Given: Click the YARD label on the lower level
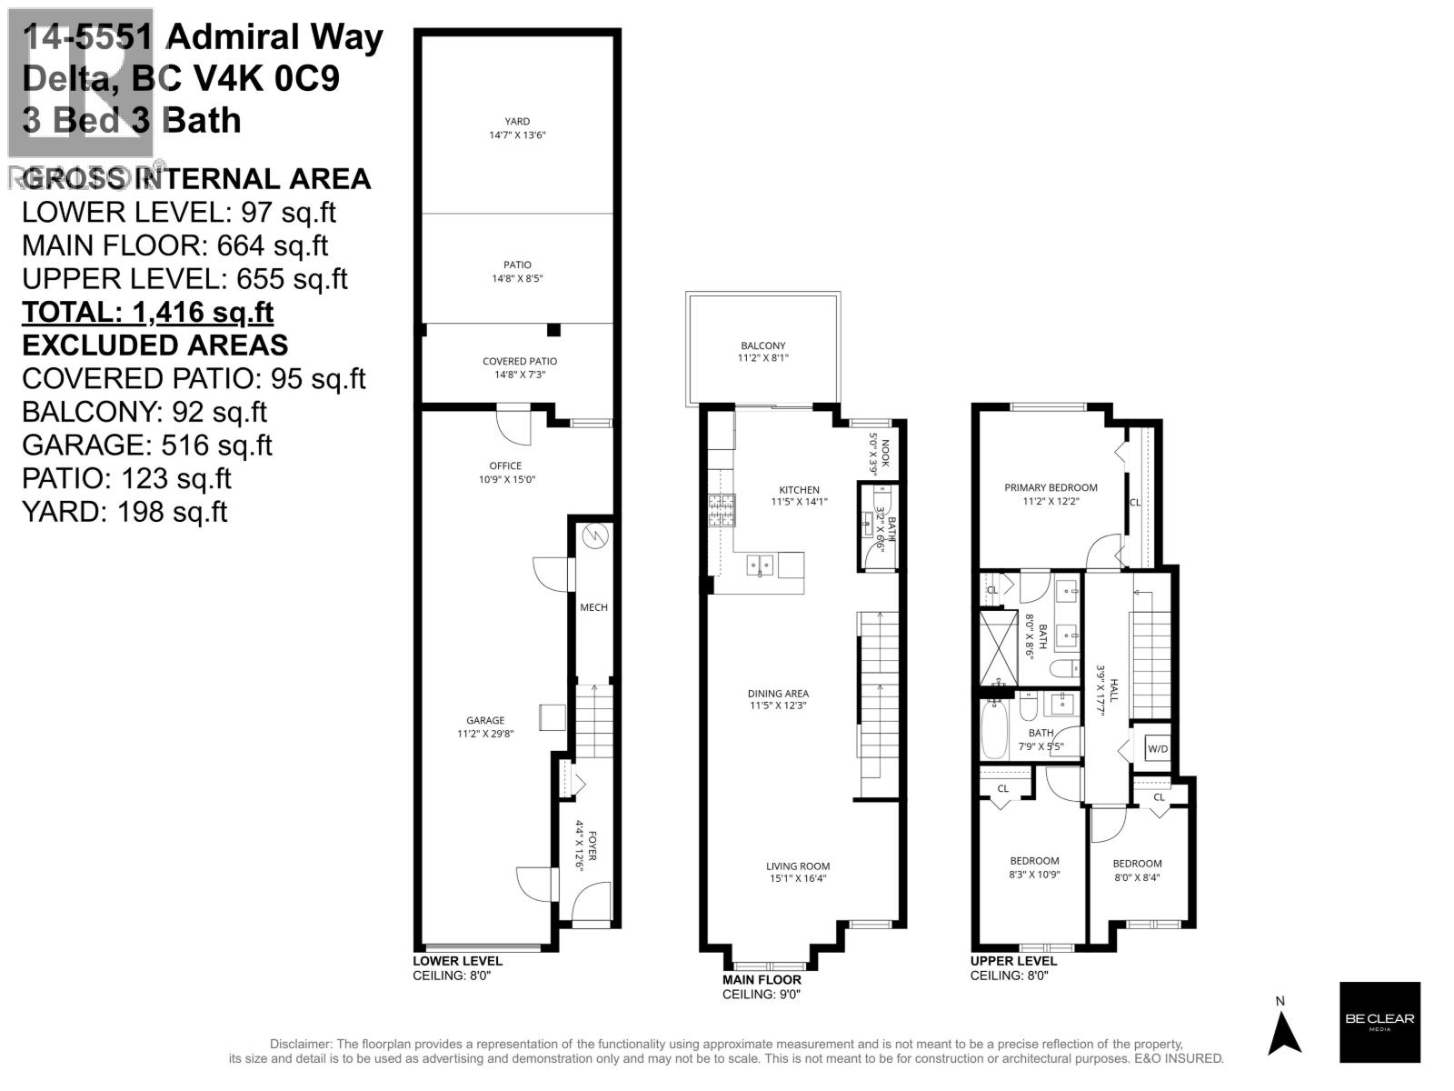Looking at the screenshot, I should pyautogui.click(x=517, y=122).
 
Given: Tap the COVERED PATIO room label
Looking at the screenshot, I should pyautogui.click(x=519, y=361).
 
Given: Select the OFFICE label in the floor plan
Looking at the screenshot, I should pyautogui.click(x=505, y=465).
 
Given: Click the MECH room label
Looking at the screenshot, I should pyautogui.click(x=593, y=607).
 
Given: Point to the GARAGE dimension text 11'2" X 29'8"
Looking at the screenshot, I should pyautogui.click(x=485, y=734).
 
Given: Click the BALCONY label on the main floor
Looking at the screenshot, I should pyautogui.click(x=762, y=345).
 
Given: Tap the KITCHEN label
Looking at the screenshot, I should pyautogui.click(x=799, y=490).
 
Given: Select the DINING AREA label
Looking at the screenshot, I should pyautogui.click(x=779, y=694).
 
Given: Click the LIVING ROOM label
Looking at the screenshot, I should pyautogui.click(x=797, y=866).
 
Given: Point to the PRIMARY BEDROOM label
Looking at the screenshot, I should pyautogui.click(x=1051, y=487).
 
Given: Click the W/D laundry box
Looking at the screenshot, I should pyautogui.click(x=1157, y=749).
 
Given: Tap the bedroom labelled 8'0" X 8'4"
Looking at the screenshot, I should pyautogui.click(x=1137, y=870).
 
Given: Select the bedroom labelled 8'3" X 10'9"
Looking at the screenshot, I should pyautogui.click(x=1034, y=867).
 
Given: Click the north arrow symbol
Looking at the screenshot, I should pyautogui.click(x=1284, y=1033).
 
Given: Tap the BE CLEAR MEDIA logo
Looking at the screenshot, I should pyautogui.click(x=1379, y=1022).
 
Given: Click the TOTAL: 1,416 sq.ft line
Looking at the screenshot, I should pyautogui.click(x=147, y=312).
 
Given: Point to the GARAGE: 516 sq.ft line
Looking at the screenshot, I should pyautogui.click(x=146, y=445).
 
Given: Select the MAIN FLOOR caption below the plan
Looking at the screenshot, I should pyautogui.click(x=762, y=980).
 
